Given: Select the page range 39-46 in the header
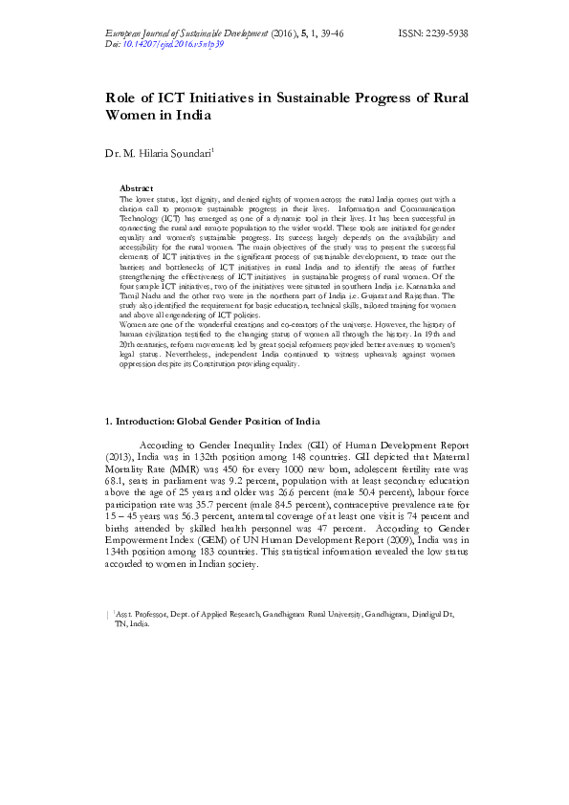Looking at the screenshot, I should tap(327, 33).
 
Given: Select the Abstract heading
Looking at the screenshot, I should tap(136, 188).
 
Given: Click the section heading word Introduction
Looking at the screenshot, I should tap(148, 422).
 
